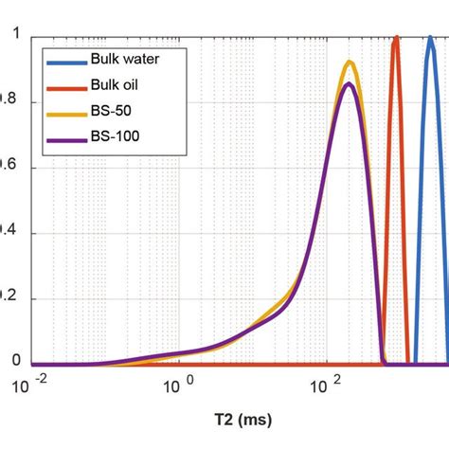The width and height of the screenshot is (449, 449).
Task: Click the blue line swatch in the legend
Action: click(63, 60)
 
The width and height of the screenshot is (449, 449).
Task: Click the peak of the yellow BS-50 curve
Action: click(350, 63)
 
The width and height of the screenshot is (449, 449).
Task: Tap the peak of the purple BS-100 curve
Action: click(350, 84)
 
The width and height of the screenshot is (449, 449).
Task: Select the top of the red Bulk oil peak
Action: click(396, 38)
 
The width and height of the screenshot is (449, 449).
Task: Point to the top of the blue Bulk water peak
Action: click(430, 38)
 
